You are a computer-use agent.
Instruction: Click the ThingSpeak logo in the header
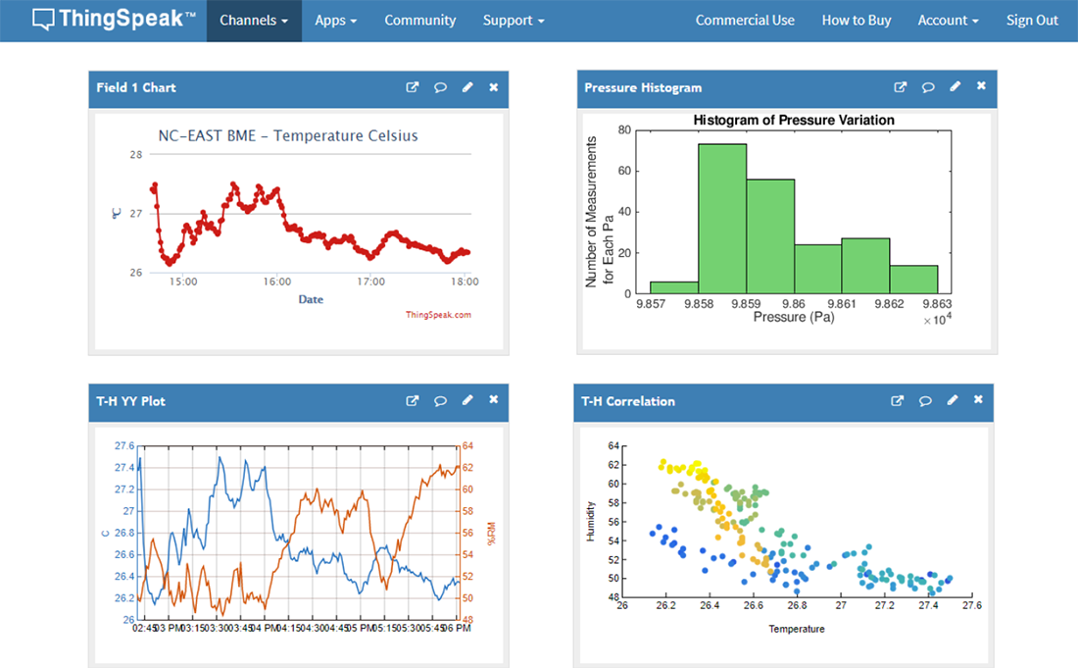point(114,19)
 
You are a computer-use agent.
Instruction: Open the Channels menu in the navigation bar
point(254,21)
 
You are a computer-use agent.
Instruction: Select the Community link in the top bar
point(419,21)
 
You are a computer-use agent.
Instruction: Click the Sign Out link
point(1032,21)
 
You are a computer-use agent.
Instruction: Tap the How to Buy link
point(856,21)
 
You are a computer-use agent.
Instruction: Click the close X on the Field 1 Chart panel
point(493,87)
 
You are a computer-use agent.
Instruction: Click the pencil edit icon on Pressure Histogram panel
point(955,87)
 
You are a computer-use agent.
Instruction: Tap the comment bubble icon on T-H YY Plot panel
point(440,400)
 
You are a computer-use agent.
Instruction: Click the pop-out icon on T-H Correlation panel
point(897,400)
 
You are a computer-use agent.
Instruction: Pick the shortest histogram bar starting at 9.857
point(674,287)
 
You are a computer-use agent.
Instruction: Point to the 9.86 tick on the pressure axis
point(794,304)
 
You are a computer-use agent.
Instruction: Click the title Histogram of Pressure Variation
point(793,120)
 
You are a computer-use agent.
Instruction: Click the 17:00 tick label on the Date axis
point(370,282)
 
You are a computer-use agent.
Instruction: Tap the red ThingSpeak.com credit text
point(438,315)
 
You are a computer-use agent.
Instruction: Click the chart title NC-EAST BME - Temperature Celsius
point(288,135)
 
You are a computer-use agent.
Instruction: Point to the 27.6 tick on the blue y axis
point(124,445)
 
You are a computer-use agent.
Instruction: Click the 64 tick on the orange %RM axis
point(467,445)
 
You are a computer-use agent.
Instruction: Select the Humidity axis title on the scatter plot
point(590,521)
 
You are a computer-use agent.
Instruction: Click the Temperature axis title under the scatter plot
point(796,629)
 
